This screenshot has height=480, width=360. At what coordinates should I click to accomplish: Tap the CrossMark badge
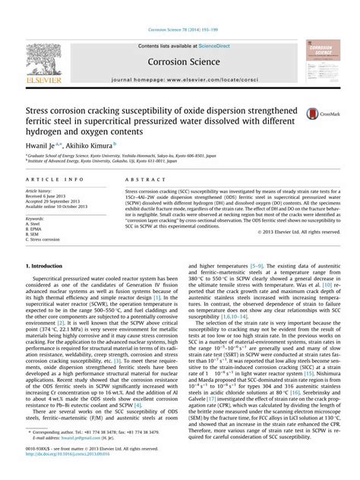coord(312,112)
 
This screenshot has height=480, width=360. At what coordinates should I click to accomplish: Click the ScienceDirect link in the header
coord(206,45)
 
